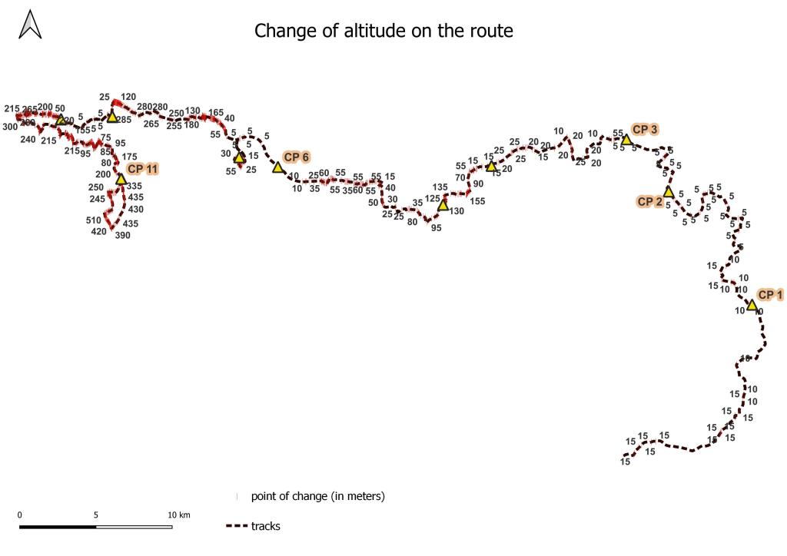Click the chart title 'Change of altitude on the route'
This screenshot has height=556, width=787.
pyautogui.click(x=384, y=31)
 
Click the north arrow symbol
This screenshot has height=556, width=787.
pyautogui.click(x=30, y=25)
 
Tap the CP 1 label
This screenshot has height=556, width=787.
pyautogui.click(x=770, y=294)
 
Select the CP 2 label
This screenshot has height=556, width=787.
pyautogui.click(x=649, y=202)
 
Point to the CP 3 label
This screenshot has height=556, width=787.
pyautogui.click(x=644, y=129)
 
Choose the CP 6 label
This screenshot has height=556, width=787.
pyautogui.click(x=296, y=157)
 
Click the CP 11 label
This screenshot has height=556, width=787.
pyautogui.click(x=143, y=168)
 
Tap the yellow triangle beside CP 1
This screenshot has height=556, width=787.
pyautogui.click(x=752, y=306)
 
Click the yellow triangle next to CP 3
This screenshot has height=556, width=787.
pyautogui.click(x=626, y=140)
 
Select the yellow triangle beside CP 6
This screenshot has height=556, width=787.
pyautogui.click(x=278, y=167)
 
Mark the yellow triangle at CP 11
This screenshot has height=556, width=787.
pyautogui.click(x=121, y=179)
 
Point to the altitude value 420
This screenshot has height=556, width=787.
pyautogui.click(x=98, y=231)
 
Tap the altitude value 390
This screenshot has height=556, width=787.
pyautogui.click(x=122, y=236)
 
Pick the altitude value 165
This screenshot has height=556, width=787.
pyautogui.click(x=216, y=113)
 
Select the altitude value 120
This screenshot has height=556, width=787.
pyautogui.click(x=128, y=97)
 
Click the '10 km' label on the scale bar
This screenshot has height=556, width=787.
pyautogui.click(x=179, y=515)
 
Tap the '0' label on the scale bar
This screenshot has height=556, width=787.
pyautogui.click(x=19, y=515)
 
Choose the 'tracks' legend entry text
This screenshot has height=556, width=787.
pyautogui.click(x=266, y=526)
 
